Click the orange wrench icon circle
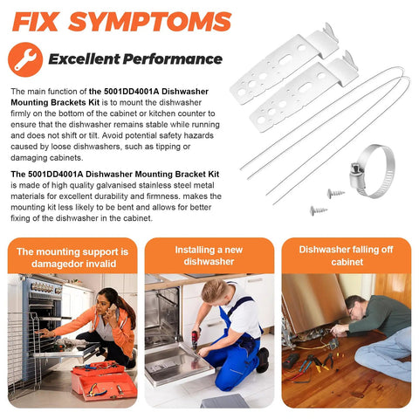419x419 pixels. pos(25,59)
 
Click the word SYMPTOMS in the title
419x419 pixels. pos(149,22)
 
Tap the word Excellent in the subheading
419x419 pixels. pos(84,58)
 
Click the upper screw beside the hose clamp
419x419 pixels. pos(336,193)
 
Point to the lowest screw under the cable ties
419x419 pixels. pos(319,210)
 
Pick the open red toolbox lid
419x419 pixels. pos(99,367)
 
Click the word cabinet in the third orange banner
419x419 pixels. pos(347,262)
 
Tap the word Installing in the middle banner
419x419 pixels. pos(195,250)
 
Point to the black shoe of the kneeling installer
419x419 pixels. pos(263,361)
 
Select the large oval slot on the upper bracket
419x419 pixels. pos(285,60)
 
